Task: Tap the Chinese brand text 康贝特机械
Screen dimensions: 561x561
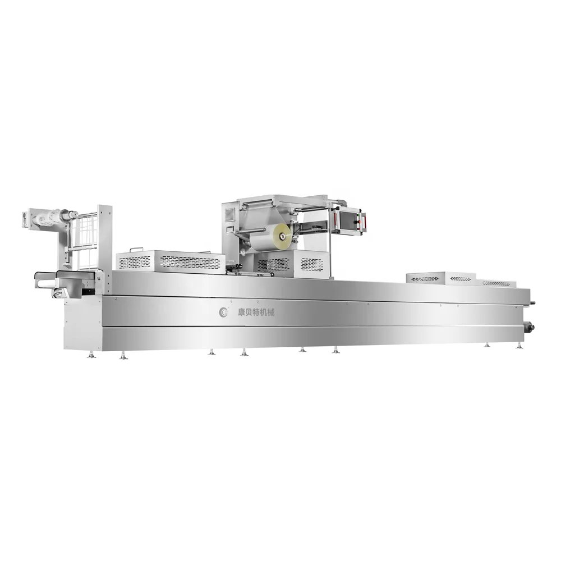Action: coord(255,312)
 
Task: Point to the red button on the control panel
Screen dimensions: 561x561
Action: coord(363,222)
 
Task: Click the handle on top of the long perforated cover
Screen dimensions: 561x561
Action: coord(136,250)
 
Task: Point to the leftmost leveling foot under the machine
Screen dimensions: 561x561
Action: coord(91,355)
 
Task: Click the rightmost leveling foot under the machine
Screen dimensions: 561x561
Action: coord(519,345)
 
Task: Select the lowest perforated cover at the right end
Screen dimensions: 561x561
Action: coord(496,283)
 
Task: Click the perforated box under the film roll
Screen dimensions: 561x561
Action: coord(292,264)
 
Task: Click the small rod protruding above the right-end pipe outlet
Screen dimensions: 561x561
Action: coord(532,304)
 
